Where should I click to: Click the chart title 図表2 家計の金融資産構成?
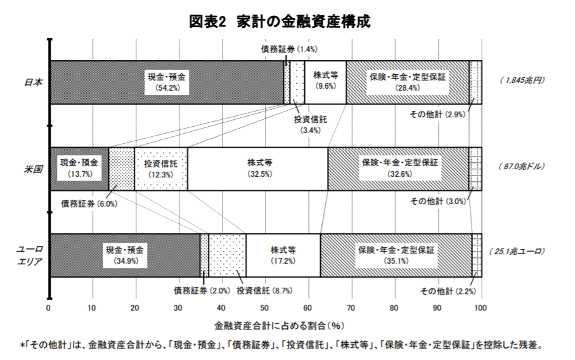pos(280,22)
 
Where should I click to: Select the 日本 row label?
pos(34,82)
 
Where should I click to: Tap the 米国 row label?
pos(34,169)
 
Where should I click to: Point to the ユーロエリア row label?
pos(30,255)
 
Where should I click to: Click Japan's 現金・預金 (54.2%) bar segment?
pos(167,82)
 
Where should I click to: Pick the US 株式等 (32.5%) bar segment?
pos(257,169)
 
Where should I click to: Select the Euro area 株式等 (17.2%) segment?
pos(283,255)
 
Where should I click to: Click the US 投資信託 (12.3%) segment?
pos(161,169)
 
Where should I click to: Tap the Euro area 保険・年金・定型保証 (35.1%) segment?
pos(396,255)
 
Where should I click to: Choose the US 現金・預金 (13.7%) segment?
pos(79,169)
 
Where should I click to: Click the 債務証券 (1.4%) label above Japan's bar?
pos(289,49)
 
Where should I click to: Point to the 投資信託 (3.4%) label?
pos(310,125)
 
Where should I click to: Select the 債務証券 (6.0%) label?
pos(89,204)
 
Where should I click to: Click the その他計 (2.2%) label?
pos(448,291)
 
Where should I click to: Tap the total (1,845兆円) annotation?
pos(522,80)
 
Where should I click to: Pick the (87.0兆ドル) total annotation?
pos(521,167)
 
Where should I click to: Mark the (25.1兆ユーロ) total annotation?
pos(516,252)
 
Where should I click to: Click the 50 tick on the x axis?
pos(264,308)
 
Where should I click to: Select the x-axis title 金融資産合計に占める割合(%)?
pos(280,326)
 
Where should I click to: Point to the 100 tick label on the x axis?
pos(480,308)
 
